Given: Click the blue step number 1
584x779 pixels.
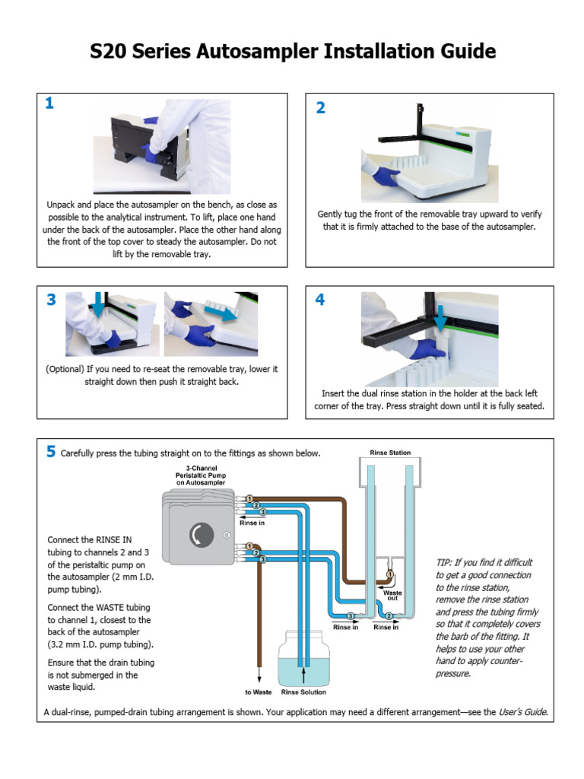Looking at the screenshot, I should tap(49, 104).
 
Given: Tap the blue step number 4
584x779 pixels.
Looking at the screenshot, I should tap(320, 300).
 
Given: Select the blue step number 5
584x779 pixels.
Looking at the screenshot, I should tap(50, 452).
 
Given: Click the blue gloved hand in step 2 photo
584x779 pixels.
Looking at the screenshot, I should tap(386, 176).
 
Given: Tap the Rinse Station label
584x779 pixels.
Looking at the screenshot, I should tap(390, 453).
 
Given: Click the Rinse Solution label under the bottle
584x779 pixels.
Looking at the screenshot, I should tap(303, 692).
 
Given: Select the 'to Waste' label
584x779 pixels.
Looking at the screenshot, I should tap(259, 692).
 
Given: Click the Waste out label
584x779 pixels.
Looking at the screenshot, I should tap(392, 595).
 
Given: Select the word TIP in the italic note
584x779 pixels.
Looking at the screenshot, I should tap(445, 562).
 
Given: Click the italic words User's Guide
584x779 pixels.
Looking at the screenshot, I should tap(522, 713).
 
